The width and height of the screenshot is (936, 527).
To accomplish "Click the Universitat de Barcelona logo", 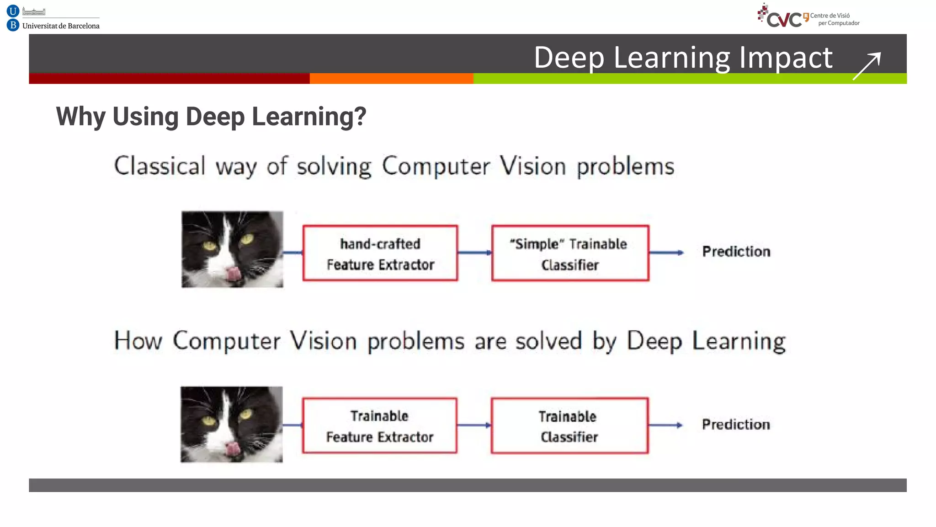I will [53, 18].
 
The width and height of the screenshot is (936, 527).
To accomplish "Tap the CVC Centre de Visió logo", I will [808, 16].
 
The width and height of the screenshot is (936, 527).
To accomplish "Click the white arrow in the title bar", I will [867, 66].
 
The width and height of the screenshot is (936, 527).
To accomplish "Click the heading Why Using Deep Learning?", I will [211, 116].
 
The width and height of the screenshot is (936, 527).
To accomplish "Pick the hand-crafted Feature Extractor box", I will [380, 253].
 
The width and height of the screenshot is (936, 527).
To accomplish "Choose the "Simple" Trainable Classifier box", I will [570, 253].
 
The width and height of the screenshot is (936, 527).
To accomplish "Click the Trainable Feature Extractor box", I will [379, 426].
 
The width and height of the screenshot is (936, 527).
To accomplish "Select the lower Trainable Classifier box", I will [569, 426].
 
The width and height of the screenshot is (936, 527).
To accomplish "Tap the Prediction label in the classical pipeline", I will [736, 252].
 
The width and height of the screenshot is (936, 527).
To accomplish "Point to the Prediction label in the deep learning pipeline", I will [736, 425].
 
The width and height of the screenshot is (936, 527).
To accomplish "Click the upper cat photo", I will [232, 249].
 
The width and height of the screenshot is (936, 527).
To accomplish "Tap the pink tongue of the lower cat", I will [233, 449].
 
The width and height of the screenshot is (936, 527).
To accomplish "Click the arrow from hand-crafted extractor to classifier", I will [474, 253].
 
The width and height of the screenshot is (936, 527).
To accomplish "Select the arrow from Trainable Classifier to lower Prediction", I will [665, 425].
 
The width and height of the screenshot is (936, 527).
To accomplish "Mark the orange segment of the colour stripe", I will [391, 79].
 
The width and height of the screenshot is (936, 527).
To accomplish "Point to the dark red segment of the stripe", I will [169, 79].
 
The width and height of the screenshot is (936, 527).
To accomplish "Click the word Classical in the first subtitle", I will [160, 166].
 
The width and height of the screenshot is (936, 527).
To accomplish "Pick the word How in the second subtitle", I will [138, 341].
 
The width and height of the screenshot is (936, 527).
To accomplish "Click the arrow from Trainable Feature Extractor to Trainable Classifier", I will [474, 425].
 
